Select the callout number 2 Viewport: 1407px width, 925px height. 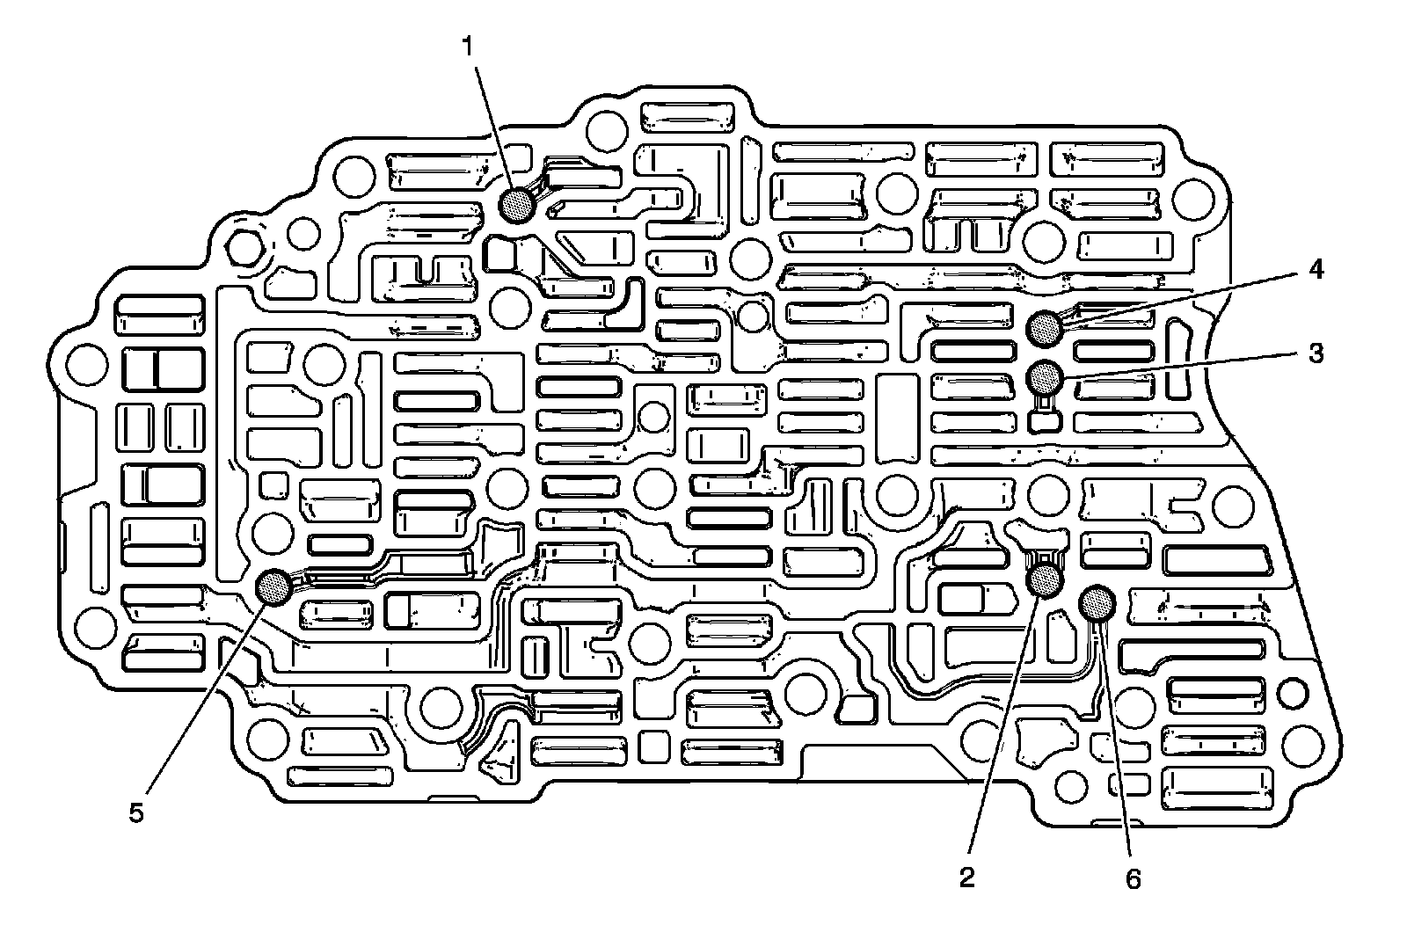click(x=967, y=877)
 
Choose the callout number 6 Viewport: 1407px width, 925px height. click(x=1133, y=878)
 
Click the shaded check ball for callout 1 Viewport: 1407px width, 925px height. click(x=517, y=206)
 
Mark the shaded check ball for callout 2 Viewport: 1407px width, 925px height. click(x=1046, y=580)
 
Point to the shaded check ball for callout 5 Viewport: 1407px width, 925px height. click(x=273, y=586)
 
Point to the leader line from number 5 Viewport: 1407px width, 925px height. click(x=204, y=699)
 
